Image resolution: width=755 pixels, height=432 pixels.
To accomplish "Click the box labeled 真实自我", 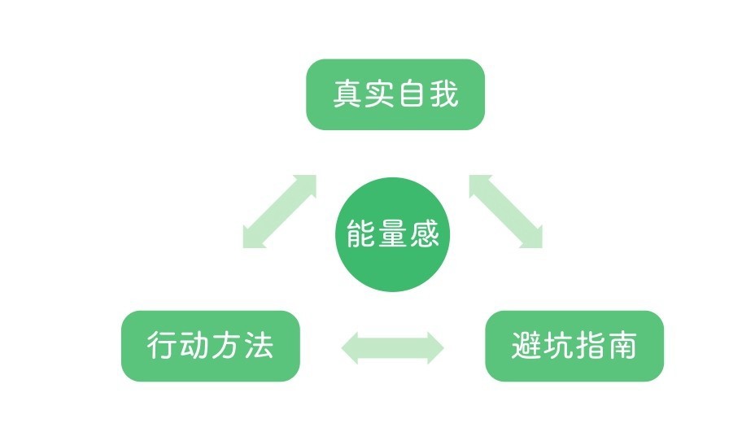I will point(395,94).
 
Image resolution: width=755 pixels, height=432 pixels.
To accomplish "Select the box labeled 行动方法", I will point(210,346).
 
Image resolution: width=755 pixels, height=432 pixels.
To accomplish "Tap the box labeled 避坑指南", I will point(574,346).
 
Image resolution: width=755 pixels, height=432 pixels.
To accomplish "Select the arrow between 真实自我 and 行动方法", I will point(279,211).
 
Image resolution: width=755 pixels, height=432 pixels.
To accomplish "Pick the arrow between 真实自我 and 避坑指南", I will point(505,211).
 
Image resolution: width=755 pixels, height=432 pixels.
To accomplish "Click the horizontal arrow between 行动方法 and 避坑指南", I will point(392,348).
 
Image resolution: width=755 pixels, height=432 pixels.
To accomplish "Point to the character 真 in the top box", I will point(347,94).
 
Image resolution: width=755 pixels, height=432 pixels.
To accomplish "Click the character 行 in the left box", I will point(163,346).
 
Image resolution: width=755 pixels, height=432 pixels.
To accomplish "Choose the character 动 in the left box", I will point(194,346).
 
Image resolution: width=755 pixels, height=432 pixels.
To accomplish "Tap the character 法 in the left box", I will point(258,346).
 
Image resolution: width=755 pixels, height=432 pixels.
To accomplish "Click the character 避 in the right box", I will point(527,346).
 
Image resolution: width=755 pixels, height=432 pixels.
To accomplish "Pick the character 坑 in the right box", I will point(559,346).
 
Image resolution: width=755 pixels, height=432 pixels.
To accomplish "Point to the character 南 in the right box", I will point(622,346).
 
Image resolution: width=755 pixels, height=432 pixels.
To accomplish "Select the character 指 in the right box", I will point(591,346).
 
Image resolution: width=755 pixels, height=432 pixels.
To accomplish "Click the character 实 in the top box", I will point(379,94).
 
